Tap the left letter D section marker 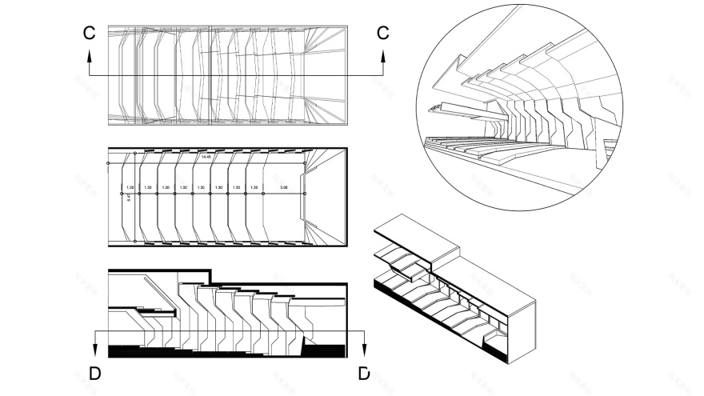point(95,374)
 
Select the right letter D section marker point(364,374)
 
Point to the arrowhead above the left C point(90,56)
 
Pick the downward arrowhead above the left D point(95,348)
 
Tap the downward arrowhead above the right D point(365,348)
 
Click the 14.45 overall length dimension point(206,158)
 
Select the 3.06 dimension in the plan point(283,188)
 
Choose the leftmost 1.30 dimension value point(130,188)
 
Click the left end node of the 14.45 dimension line point(108,163)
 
